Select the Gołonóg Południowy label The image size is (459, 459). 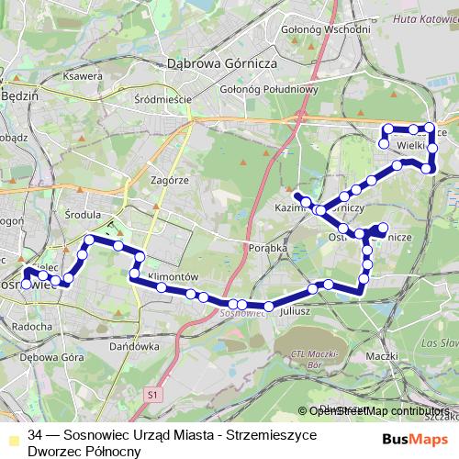coord(268,89)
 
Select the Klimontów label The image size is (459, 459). coord(173,275)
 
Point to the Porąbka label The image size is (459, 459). coord(269,247)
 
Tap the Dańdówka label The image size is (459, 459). coord(134,348)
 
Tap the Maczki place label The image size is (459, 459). coord(379,354)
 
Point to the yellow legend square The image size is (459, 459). coord(11,436)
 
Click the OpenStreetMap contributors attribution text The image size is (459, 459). coord(376,411)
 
